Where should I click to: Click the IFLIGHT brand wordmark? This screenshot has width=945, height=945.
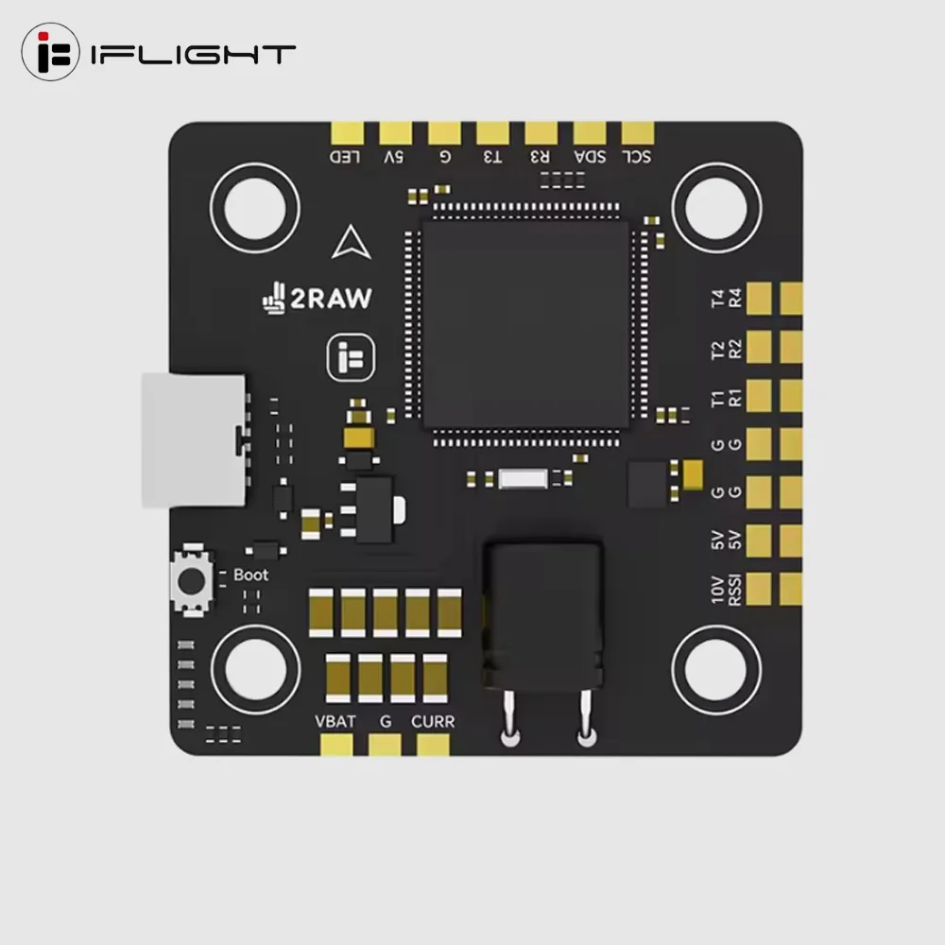[193, 54]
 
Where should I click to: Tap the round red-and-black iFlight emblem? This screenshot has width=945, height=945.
[50, 53]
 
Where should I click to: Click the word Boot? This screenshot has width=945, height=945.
[250, 575]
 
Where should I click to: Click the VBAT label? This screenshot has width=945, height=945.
[335, 722]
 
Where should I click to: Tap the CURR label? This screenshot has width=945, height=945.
[433, 722]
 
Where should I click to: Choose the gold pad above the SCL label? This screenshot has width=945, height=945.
[638, 133]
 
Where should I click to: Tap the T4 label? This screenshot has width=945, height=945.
[718, 300]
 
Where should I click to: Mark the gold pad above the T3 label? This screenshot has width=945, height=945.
[492, 133]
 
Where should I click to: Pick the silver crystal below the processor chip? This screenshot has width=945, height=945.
[524, 478]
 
